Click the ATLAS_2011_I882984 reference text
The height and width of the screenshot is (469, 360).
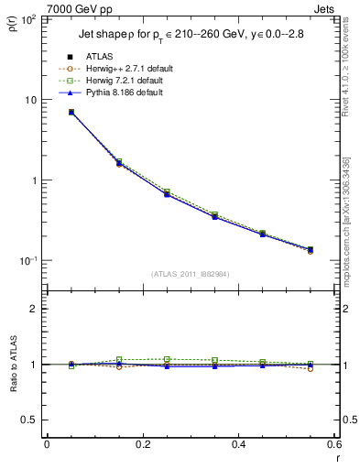[191, 274]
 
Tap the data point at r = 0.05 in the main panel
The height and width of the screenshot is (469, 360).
[71, 112]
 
